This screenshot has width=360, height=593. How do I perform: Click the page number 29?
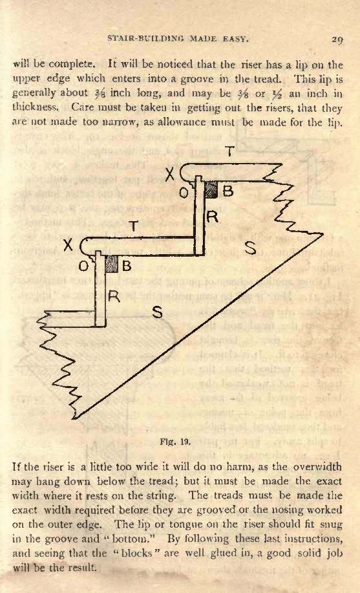coord(337,39)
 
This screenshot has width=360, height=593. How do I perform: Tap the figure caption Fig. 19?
coord(175,441)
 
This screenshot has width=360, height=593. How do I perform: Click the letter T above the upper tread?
coord(229,151)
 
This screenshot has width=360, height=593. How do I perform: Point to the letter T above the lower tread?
coord(133,226)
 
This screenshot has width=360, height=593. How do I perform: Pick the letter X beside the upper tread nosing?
coord(171,175)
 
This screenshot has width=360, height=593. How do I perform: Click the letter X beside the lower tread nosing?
coord(68,246)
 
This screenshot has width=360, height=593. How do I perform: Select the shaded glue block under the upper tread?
coord(211,189)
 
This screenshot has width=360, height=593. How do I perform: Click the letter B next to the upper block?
coord(228,191)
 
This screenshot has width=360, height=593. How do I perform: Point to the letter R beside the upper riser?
coord(213,217)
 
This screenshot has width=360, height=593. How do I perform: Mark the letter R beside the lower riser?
coord(114,296)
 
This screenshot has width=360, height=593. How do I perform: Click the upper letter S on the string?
coord(251,248)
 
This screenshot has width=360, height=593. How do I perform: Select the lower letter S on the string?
coord(157,312)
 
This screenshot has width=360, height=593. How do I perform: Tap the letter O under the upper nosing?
coord(184,193)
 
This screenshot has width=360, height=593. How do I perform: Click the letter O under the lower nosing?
coord(83,266)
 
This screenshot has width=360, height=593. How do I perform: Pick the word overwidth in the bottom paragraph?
coord(317,467)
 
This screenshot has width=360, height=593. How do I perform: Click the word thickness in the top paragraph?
coord(35,107)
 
